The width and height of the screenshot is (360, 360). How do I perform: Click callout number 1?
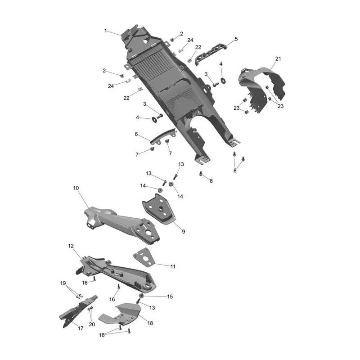(x=106, y=31)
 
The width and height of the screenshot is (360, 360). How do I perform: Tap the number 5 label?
(x=236, y=39)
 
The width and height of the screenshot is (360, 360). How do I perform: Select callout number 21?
(x=278, y=59)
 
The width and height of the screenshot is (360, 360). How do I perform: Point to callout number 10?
(x=76, y=188)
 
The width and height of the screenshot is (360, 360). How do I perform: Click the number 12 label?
(x=71, y=246)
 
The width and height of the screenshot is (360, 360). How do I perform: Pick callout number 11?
(x=173, y=266)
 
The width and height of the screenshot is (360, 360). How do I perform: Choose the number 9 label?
(x=184, y=232)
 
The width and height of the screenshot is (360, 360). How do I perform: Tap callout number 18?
(x=150, y=323)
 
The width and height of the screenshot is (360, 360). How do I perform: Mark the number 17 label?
(x=81, y=328)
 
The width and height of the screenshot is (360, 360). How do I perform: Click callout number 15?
(x=170, y=297)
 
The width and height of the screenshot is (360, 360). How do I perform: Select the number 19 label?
(x=63, y=283)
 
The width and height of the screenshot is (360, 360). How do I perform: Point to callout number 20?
(x=92, y=324)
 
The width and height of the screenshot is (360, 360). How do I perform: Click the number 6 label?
(x=136, y=134)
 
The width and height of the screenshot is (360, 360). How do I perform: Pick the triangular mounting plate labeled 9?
(x=158, y=209)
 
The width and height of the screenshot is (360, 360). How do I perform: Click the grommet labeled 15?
(x=142, y=296)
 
